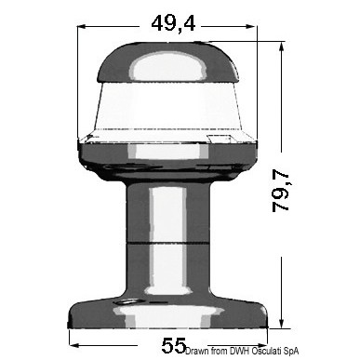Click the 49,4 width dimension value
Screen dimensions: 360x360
tap(173, 23)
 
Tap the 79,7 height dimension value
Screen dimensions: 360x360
tap(281, 191)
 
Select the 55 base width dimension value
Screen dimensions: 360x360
tap(174, 345)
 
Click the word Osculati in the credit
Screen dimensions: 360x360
tap(266, 351)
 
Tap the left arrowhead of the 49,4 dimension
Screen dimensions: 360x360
tap(82, 27)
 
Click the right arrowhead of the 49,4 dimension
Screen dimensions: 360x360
tap(252, 27)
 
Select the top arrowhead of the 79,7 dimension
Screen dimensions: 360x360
tap(281, 47)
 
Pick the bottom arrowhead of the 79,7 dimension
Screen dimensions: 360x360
tap(281, 323)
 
